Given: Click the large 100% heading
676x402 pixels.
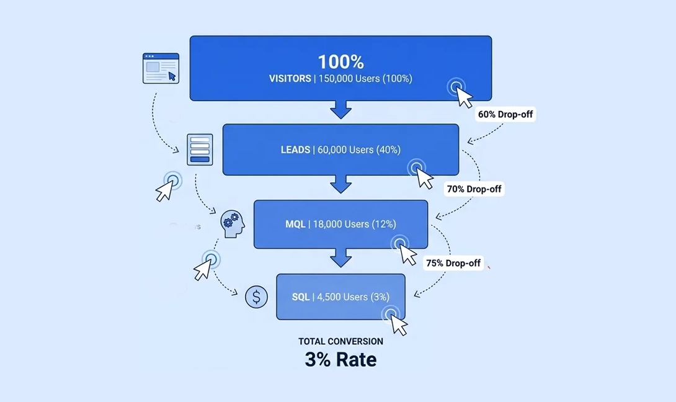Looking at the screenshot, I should [x=340, y=61].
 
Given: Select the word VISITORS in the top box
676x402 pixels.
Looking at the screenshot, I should [x=290, y=79].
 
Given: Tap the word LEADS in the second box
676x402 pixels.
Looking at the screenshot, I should [x=295, y=150].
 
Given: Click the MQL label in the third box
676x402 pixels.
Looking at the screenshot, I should [x=295, y=224].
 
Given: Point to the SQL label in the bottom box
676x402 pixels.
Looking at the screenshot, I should [x=301, y=297].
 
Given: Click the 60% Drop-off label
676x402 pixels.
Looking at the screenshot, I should [x=505, y=114].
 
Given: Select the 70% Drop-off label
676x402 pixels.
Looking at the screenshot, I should [x=474, y=189].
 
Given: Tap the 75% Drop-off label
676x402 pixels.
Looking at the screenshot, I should [x=453, y=263].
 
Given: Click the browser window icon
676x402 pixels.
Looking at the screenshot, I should [x=161, y=68].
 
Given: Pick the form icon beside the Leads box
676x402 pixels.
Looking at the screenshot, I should [x=200, y=150].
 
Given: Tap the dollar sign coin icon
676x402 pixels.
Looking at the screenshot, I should [x=256, y=297].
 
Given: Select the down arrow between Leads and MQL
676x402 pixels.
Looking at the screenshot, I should [x=340, y=184].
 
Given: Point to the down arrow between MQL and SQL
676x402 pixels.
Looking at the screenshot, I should [x=340, y=257].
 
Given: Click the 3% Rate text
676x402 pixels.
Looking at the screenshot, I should [x=340, y=359].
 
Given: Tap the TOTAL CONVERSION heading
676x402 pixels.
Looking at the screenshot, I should [x=340, y=341].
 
